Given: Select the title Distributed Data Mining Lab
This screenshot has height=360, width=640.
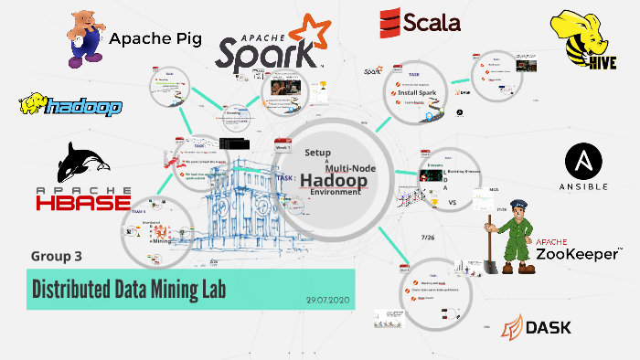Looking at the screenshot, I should point(129,289).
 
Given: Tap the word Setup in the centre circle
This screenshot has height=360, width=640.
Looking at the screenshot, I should point(316,153).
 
